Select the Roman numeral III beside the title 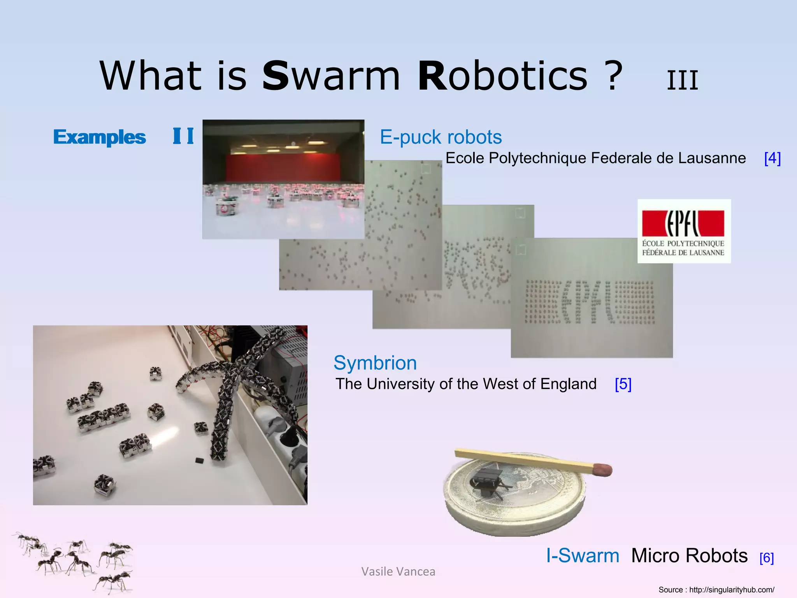pyautogui.click(x=682, y=81)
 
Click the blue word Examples pyautogui.click(x=100, y=137)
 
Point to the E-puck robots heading pyautogui.click(x=441, y=137)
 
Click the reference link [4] pyautogui.click(x=772, y=158)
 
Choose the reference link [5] pyautogui.click(x=623, y=384)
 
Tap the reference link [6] pyautogui.click(x=766, y=558)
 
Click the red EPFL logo pyautogui.click(x=683, y=224)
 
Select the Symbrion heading pyautogui.click(x=375, y=363)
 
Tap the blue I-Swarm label pyautogui.click(x=583, y=555)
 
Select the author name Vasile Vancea pyautogui.click(x=398, y=572)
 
